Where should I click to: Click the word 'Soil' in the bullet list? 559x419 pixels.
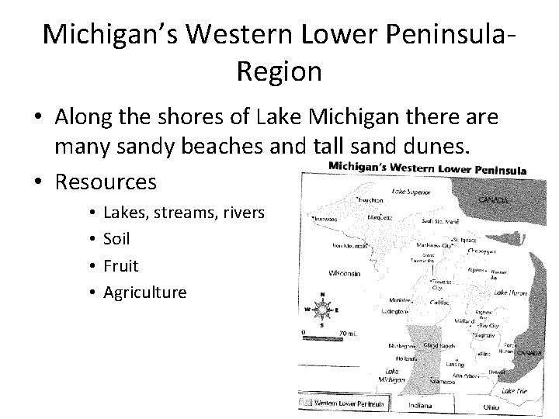pyautogui.click(x=116, y=239)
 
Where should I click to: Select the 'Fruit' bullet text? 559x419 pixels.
pyautogui.click(x=120, y=265)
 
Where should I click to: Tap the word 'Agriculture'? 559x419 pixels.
pyautogui.click(x=145, y=293)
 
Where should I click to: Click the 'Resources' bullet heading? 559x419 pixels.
pyautogui.click(x=106, y=182)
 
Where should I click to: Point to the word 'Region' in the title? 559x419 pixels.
pyautogui.click(x=279, y=72)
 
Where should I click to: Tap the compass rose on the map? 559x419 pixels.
pyautogui.click(x=323, y=307)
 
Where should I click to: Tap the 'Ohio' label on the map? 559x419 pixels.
pyautogui.click(x=491, y=407)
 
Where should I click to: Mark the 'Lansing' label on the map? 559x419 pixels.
pyautogui.click(x=455, y=362)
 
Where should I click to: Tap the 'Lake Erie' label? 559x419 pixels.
pyautogui.click(x=514, y=392)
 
